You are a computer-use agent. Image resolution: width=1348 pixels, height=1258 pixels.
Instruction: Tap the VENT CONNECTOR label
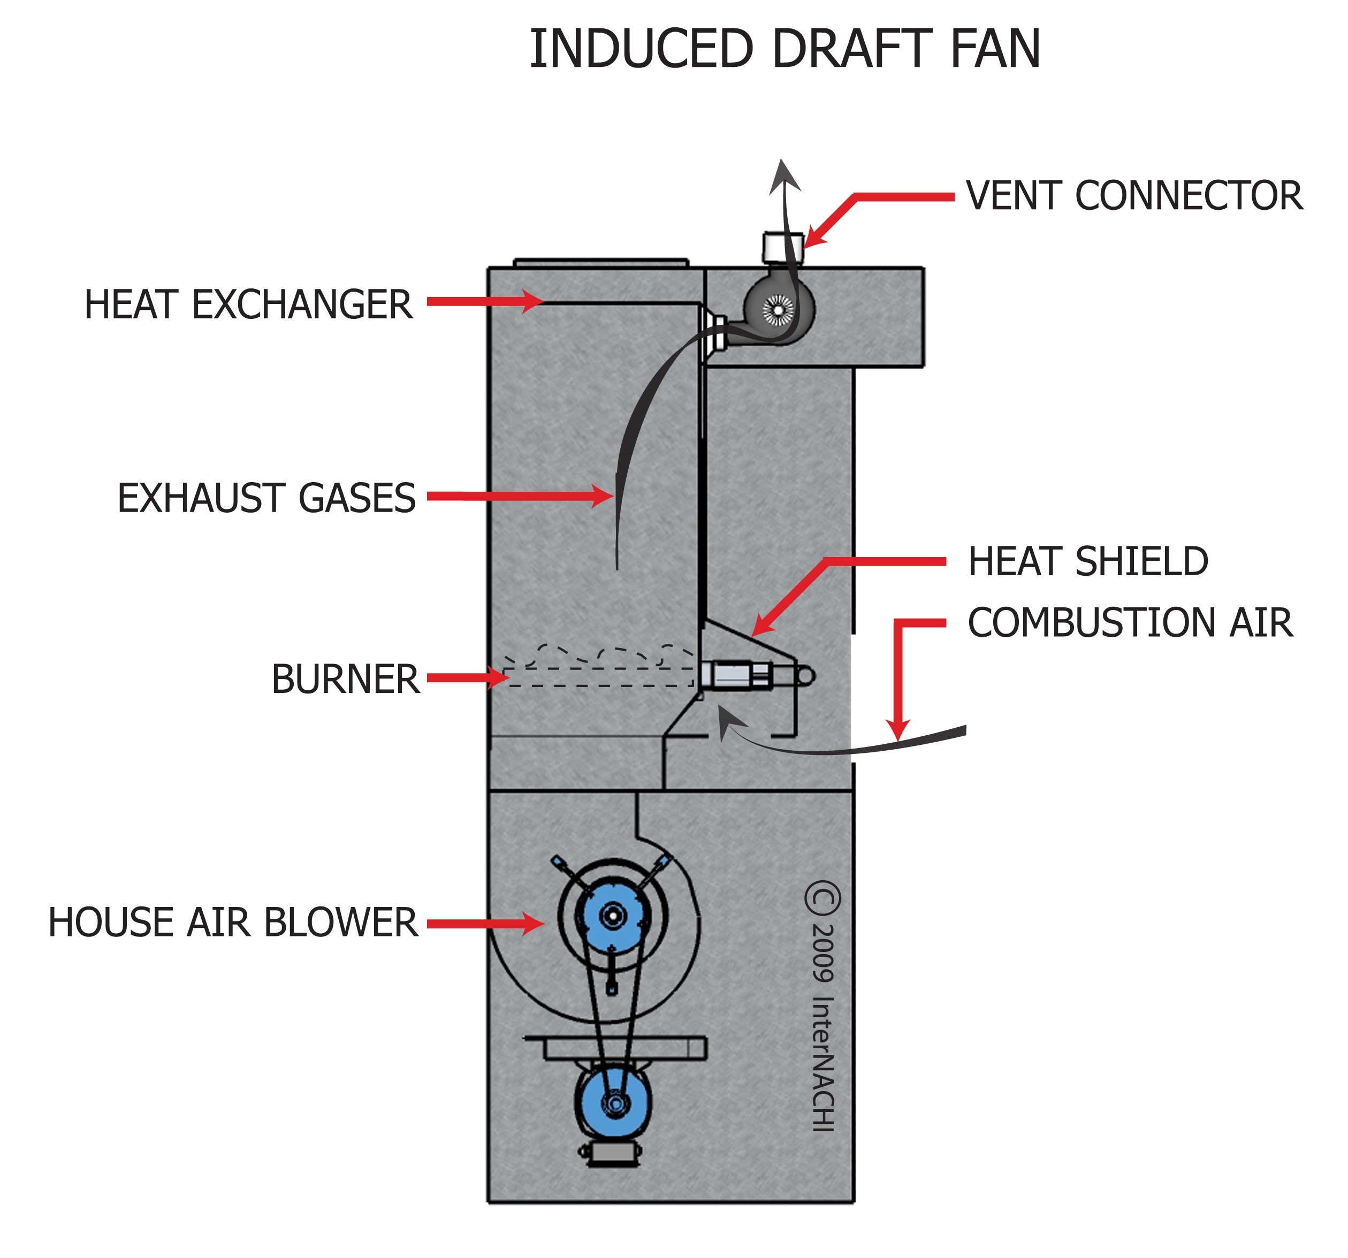tap(1134, 195)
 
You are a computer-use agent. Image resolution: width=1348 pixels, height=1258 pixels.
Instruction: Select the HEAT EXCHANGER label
tap(248, 304)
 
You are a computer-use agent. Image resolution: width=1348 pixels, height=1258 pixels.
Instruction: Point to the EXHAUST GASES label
tap(266, 498)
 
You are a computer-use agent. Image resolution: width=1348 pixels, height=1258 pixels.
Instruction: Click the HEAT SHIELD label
tap(1087, 561)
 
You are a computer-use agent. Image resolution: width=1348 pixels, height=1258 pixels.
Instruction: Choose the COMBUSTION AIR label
tap(1130, 622)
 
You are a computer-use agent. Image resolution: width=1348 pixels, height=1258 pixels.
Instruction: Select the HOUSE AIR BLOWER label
tap(233, 922)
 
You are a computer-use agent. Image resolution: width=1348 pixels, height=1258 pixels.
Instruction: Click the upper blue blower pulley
tap(612, 916)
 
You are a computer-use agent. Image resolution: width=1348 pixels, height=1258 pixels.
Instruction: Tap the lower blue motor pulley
tap(614, 1103)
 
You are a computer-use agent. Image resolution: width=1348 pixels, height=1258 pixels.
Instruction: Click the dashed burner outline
tap(599, 676)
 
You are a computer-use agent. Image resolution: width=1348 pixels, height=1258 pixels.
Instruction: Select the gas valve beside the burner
tap(736, 675)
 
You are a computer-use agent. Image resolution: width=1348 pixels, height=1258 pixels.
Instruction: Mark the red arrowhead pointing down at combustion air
tap(898, 730)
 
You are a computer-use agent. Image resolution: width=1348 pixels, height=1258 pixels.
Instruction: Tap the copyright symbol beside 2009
tap(822, 898)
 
